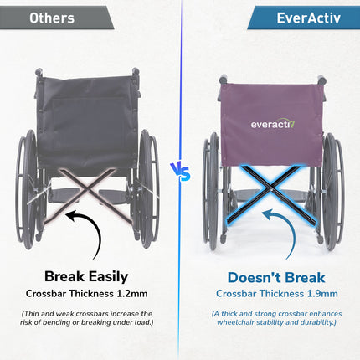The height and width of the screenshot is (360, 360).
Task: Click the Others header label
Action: (53, 18)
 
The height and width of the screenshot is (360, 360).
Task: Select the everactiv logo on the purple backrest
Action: (270, 124)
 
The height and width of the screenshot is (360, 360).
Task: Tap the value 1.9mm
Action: (321, 294)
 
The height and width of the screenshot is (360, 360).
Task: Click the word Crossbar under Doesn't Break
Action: (240, 294)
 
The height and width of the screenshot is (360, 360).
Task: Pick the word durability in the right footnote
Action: (313, 323)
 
